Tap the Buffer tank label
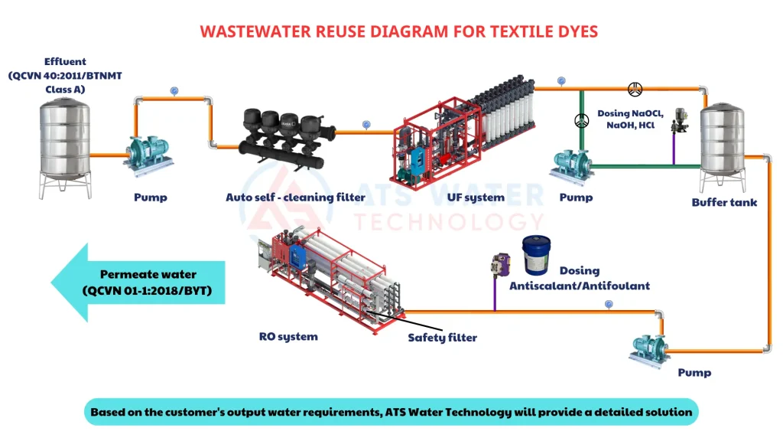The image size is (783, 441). click(x=724, y=203)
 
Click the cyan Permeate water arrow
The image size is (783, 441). click(x=138, y=283)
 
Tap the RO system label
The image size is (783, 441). click(x=288, y=336)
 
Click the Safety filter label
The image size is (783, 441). click(x=442, y=337)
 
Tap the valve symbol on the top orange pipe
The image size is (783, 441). click(x=635, y=89)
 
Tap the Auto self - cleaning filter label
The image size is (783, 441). click(x=295, y=198)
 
